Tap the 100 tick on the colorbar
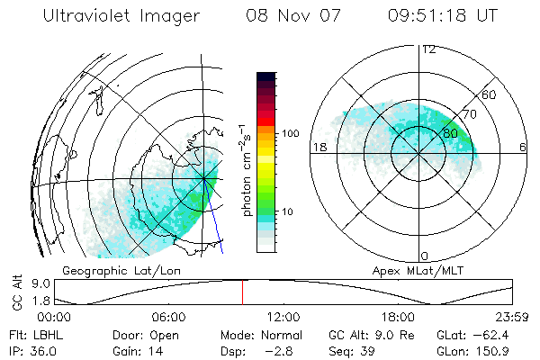[x=291, y=133]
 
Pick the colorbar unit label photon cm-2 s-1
[x=246, y=172]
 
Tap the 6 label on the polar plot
[x=523, y=147]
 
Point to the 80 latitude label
[x=450, y=133]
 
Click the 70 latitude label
[x=469, y=114]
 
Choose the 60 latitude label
[x=489, y=94]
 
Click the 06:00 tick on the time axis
[x=168, y=317]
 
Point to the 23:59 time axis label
[x=513, y=317]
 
